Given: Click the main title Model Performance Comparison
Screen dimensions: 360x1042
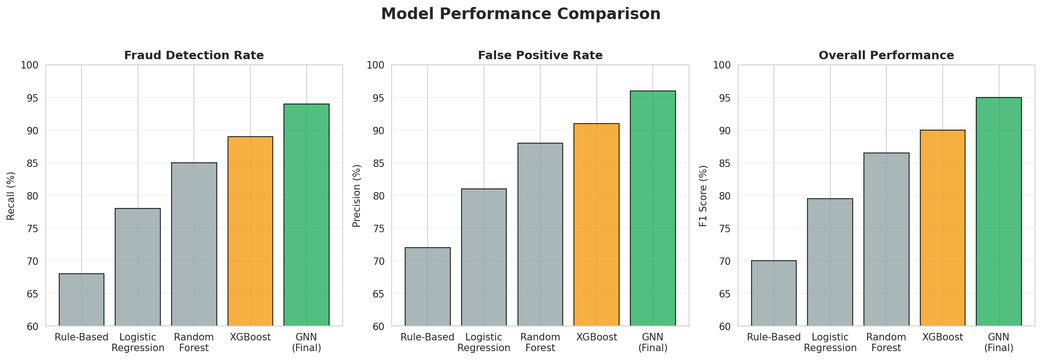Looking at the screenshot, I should [x=520, y=14].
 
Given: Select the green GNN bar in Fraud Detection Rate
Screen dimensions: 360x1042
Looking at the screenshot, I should [x=306, y=215].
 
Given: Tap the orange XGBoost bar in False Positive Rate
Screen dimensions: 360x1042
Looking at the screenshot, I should [x=596, y=224].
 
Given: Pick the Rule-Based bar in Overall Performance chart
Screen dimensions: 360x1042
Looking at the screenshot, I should [x=773, y=293].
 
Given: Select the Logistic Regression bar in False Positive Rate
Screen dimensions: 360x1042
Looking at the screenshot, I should [x=483, y=257].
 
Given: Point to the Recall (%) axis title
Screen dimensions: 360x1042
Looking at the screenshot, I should [x=11, y=195].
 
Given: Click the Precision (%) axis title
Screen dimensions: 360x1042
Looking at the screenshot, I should [x=357, y=195].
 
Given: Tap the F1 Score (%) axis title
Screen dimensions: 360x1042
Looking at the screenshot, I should [x=703, y=195].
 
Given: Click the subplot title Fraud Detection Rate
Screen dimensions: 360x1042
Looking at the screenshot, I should [x=194, y=55].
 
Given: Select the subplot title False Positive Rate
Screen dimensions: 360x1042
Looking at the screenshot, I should [x=540, y=55].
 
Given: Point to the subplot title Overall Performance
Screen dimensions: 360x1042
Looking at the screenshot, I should [x=886, y=55].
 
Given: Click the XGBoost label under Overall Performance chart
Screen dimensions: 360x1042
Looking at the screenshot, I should [x=942, y=337].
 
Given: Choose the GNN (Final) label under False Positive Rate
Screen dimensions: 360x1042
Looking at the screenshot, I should [x=653, y=342].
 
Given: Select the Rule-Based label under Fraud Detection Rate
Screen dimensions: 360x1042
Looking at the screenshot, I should [x=82, y=337].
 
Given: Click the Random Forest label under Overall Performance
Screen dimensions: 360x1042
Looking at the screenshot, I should [x=886, y=342].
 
